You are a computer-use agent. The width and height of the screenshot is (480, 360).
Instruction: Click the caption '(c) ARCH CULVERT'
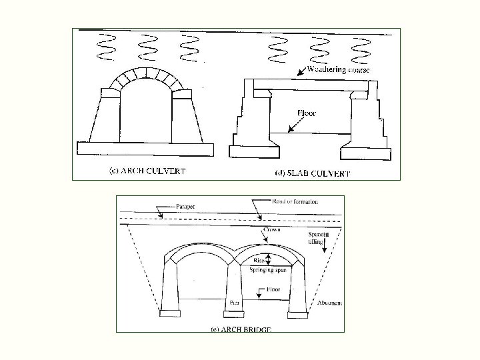click(147, 170)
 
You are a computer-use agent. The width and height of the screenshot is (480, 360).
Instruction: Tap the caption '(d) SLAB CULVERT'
click(313, 173)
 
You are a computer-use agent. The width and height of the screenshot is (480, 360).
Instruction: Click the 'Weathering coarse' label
click(339, 70)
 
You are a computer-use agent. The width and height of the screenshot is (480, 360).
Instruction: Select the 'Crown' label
click(273, 229)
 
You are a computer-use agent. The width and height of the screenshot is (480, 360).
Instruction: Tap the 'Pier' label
click(235, 302)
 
